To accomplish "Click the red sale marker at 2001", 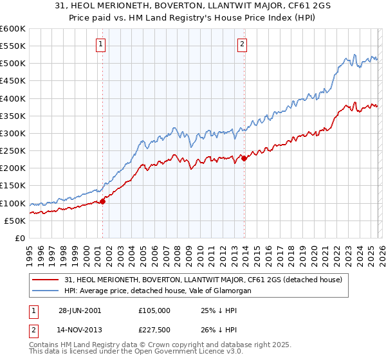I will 103,201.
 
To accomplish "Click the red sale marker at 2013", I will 244,159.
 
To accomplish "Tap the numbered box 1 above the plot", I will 102,44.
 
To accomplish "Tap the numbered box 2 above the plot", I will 242,44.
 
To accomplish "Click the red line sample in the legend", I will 46,280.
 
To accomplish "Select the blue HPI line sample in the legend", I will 46,291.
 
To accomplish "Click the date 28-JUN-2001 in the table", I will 79,310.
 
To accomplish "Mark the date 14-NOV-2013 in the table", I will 80,331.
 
